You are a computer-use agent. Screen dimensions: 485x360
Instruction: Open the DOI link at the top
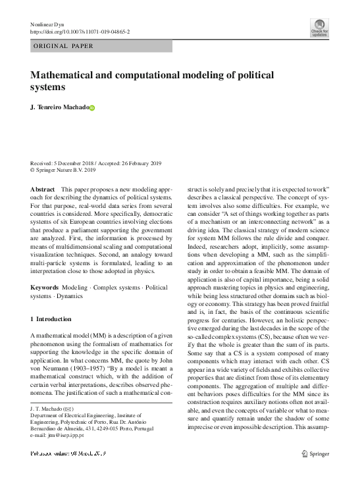pos(80,31)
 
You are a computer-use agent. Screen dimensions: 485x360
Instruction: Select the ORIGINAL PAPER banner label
pos(63,46)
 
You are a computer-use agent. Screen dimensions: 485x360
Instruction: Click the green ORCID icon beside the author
pos(92,108)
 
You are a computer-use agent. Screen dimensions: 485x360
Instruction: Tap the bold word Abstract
pos(43,189)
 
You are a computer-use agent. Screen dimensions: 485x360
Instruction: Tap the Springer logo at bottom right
pos(315,453)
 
